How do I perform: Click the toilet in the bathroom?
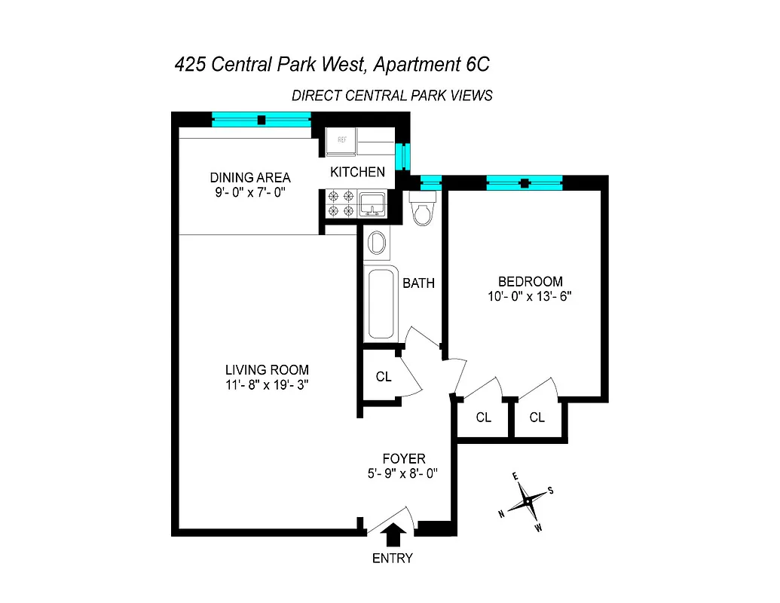[x=423, y=208]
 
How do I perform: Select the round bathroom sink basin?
[x=377, y=243]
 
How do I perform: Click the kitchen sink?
[x=372, y=203]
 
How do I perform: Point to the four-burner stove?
[x=340, y=203]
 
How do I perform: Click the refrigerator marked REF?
[x=341, y=141]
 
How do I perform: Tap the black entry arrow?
[x=393, y=536]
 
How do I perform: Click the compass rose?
[x=530, y=500]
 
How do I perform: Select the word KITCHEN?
[x=357, y=172]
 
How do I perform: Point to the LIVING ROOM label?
[x=267, y=370]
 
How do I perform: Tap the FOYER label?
[x=404, y=458]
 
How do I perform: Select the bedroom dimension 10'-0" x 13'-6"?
[x=530, y=296]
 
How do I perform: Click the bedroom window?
[x=525, y=182]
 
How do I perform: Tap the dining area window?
[x=261, y=119]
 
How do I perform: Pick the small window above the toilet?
[x=430, y=182]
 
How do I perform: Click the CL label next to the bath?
[x=384, y=377]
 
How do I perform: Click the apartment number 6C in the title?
[x=473, y=65]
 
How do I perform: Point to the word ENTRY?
[x=393, y=559]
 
